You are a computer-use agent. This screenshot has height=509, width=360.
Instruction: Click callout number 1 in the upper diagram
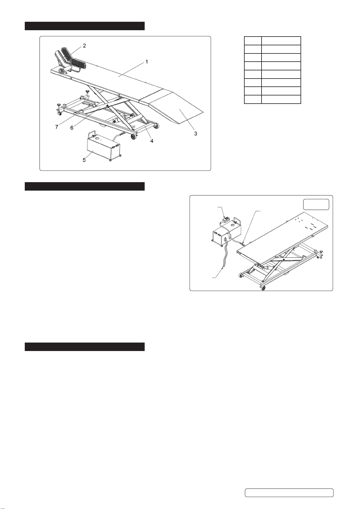click(147, 62)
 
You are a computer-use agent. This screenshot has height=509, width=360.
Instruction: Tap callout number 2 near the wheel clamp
click(84, 46)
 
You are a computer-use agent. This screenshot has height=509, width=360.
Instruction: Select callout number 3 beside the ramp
click(196, 134)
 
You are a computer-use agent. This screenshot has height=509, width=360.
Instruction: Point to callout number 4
click(152, 141)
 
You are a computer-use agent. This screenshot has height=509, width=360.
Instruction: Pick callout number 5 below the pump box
click(84, 160)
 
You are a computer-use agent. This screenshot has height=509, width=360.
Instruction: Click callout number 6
click(72, 128)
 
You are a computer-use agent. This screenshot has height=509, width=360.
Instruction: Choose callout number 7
click(57, 127)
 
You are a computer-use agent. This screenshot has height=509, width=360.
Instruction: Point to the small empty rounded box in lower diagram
click(316, 204)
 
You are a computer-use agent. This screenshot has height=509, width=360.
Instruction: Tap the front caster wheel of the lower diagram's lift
click(263, 288)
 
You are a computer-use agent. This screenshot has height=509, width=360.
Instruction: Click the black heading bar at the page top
click(85, 26)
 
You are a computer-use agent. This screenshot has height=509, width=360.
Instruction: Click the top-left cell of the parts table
click(253, 41)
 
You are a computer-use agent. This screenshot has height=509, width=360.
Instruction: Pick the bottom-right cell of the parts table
click(281, 99)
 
